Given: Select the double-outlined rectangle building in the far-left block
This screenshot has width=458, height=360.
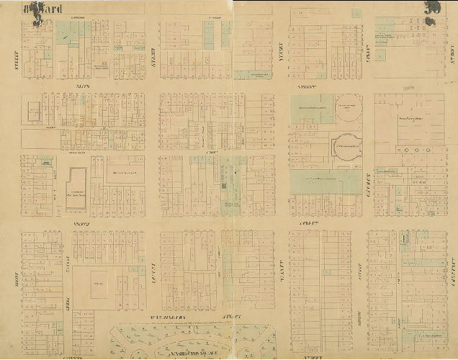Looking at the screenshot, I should (32, 112).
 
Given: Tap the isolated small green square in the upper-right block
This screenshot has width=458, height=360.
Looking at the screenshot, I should (380, 54).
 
